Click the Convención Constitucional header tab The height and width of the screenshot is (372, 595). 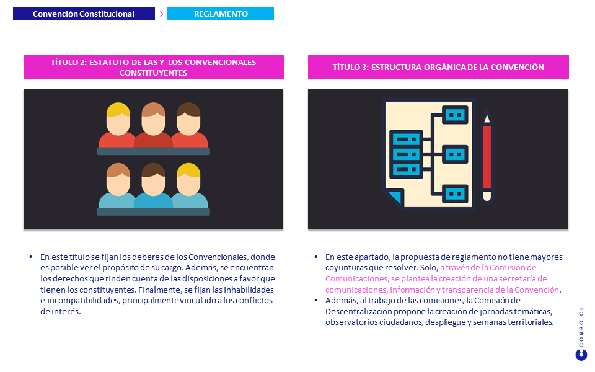(84, 14)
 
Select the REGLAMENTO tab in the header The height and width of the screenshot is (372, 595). (220, 14)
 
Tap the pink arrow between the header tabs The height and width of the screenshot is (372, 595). (161, 14)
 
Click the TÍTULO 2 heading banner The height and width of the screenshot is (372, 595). (154, 67)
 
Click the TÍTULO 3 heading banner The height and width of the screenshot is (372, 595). (438, 67)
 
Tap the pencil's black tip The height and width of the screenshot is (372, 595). (487, 117)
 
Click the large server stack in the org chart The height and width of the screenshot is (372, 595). (406, 154)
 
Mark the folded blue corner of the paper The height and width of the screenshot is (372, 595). (393, 198)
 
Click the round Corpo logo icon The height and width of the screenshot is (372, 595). (581, 355)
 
